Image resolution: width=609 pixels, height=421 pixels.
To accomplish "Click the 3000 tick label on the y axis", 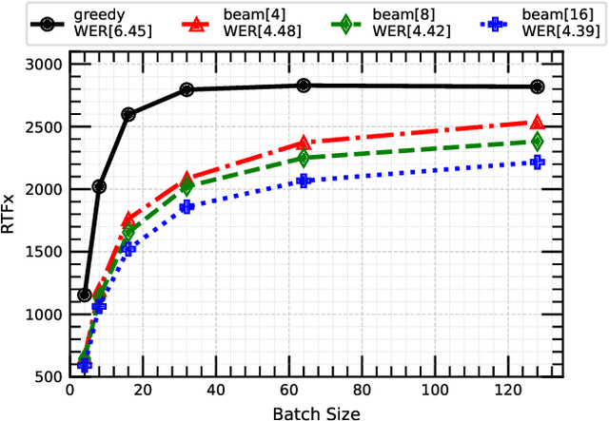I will (43, 66).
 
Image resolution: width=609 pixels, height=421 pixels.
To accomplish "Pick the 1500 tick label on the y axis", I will (43, 252).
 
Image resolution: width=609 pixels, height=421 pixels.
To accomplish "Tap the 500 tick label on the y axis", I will (47, 377).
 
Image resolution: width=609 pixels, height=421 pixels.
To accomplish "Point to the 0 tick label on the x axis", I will (69, 391).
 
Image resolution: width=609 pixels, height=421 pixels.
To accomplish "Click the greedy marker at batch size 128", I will (538, 86).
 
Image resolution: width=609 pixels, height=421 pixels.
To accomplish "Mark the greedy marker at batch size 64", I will (304, 86).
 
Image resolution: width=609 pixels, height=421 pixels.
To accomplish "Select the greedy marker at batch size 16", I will (128, 114).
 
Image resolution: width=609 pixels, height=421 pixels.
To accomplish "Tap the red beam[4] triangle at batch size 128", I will (538, 122).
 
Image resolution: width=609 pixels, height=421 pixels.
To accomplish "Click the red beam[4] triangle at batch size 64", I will (304, 143).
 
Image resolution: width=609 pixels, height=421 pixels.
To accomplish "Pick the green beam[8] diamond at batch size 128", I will (538, 142).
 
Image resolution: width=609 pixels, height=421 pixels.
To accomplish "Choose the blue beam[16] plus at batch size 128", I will (538, 163).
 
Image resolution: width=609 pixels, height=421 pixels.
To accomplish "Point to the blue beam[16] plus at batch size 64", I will (304, 181).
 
